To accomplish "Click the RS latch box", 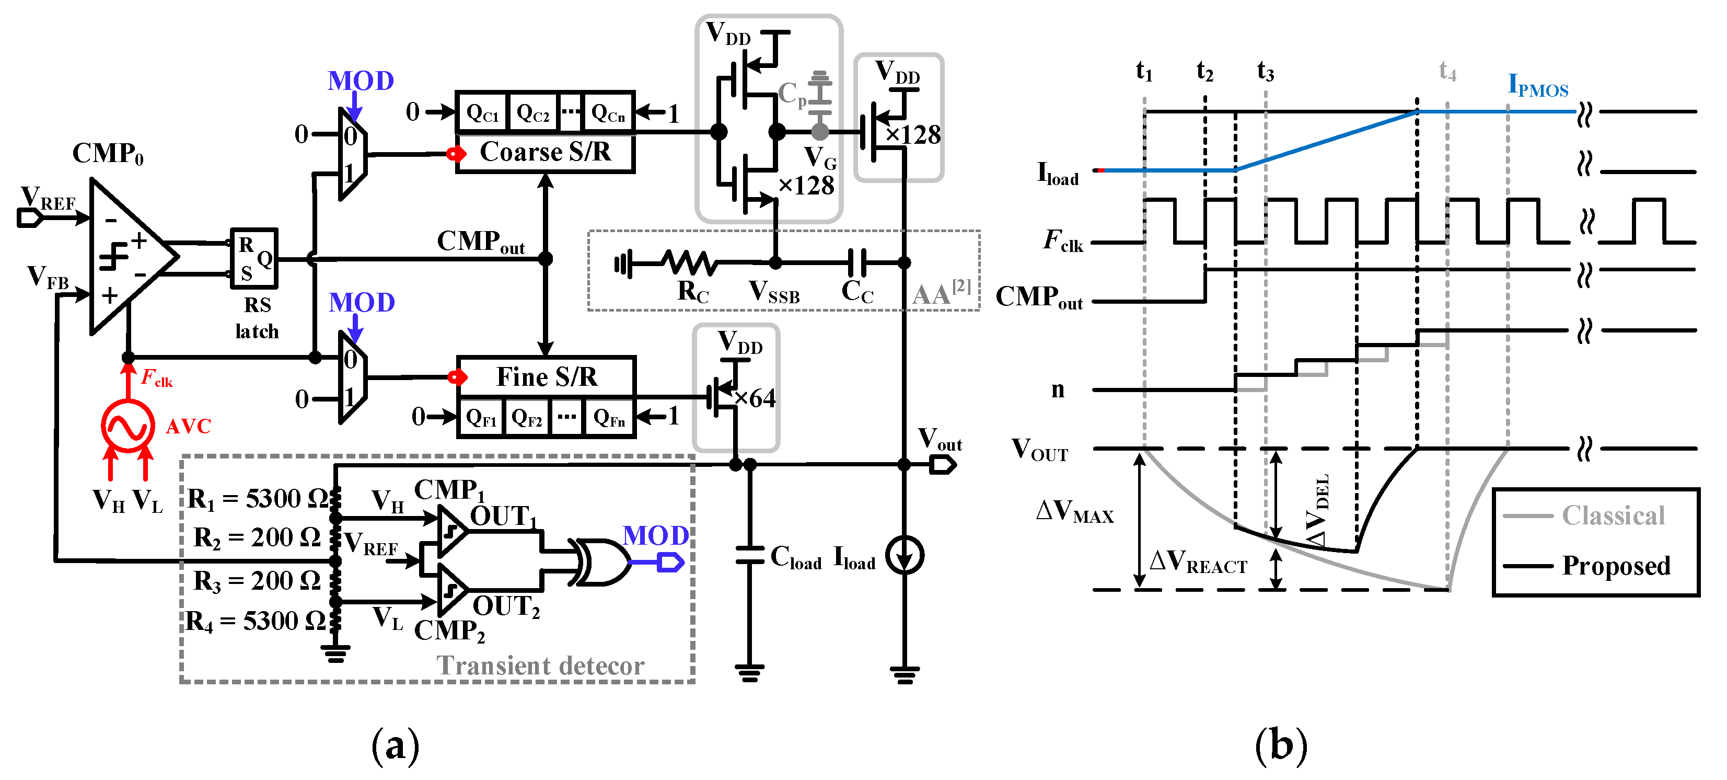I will tap(254, 258).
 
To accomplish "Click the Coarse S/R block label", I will tap(545, 152).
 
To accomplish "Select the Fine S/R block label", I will tap(547, 377).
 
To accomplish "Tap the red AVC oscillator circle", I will tap(128, 425).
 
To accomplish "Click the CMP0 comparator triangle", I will tap(128, 257).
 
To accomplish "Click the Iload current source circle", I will tap(905, 555).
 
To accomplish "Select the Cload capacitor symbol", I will tap(749, 555).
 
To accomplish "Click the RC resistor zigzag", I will tap(689, 263).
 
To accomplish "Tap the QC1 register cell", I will tap(483, 113).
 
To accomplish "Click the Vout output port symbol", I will tap(943, 464).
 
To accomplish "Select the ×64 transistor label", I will tap(756, 398).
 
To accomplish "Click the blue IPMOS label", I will tap(1538, 86).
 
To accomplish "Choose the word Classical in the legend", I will tap(1613, 515).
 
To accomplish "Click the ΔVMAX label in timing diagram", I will tap(1075, 512).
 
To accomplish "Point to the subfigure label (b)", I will tap(1281, 745).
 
